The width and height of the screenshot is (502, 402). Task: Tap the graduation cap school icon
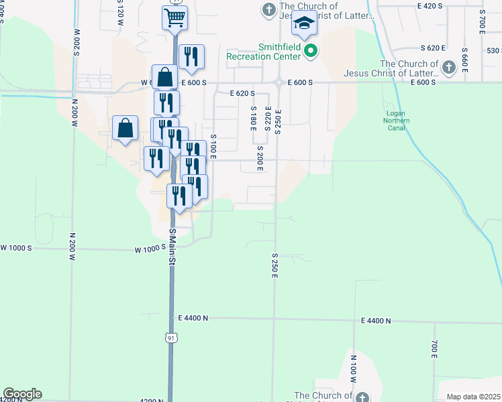(303, 25)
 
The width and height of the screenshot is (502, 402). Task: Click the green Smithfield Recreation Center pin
(310, 50)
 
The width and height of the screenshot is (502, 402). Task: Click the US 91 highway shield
(171, 339)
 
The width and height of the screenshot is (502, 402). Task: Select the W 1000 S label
(150, 249)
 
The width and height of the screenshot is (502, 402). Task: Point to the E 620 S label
(243, 94)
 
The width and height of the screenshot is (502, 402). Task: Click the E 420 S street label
(430, 5)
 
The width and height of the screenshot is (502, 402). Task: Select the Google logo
(22, 394)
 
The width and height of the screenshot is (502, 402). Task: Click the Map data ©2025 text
(474, 397)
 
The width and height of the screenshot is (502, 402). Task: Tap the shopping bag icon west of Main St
(125, 127)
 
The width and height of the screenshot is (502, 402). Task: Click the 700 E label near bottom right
(434, 349)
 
